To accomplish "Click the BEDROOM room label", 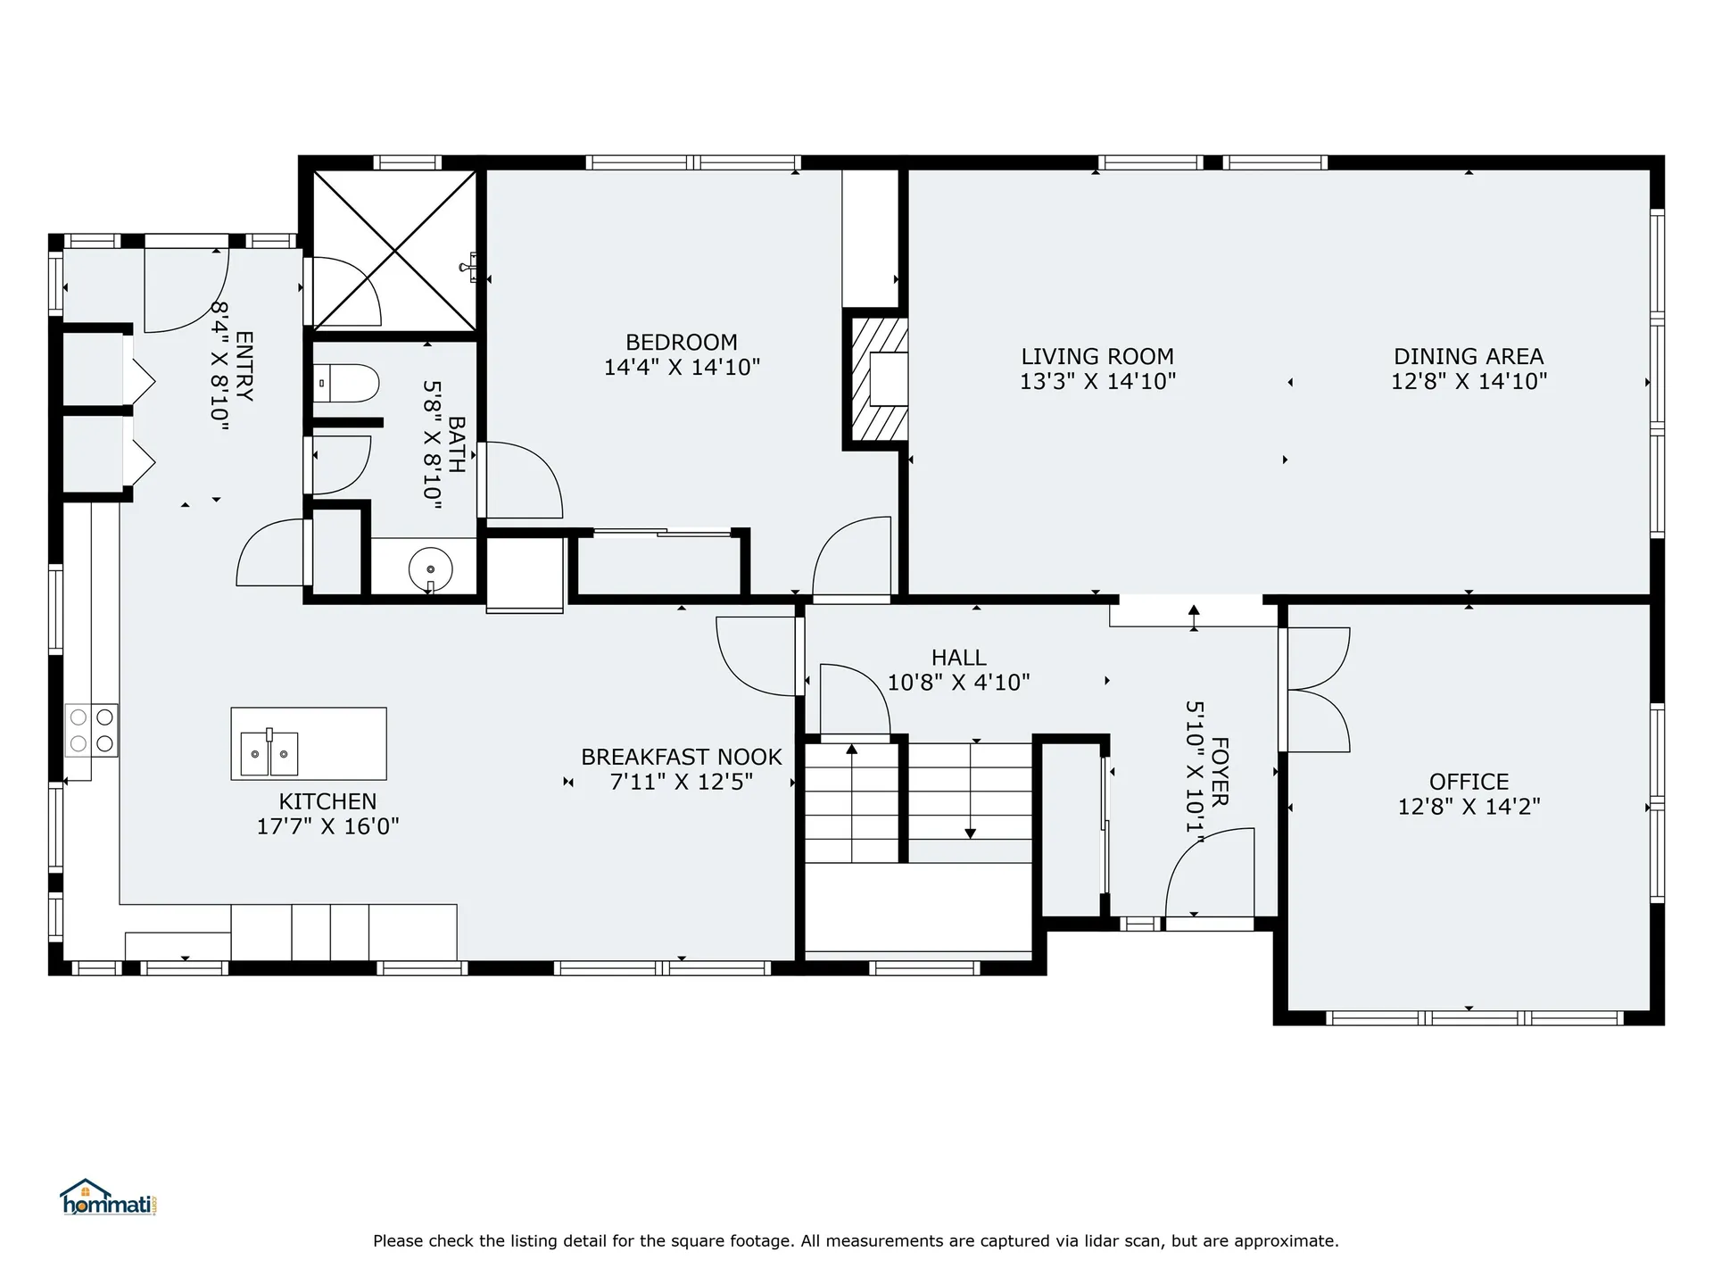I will click(x=681, y=343).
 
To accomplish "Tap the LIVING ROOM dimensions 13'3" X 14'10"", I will click(x=1097, y=382).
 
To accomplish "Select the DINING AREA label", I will click(x=1469, y=357).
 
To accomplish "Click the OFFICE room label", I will click(x=1469, y=782).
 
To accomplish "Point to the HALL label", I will click(x=958, y=658).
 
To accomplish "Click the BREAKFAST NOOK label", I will click(x=681, y=757).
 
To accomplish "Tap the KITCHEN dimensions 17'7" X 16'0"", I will click(x=327, y=826).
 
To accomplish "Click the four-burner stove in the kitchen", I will click(x=91, y=730).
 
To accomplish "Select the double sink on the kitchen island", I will click(x=269, y=754).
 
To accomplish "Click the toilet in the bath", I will click(x=347, y=384).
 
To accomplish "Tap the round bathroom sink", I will click(x=430, y=568).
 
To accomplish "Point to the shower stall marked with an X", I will click(x=394, y=250).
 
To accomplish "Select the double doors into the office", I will click(x=1316, y=689).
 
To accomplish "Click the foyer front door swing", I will click(x=1209, y=870).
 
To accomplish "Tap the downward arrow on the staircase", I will click(x=970, y=833).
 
